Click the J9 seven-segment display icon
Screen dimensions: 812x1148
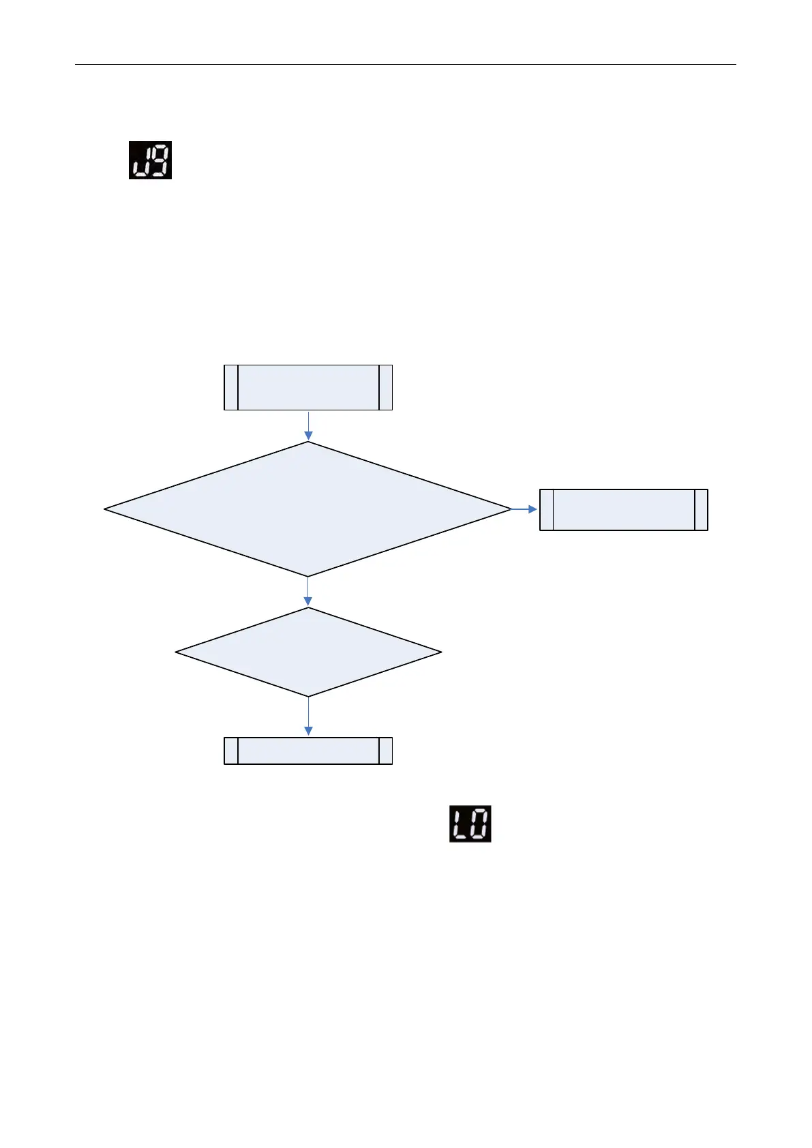coord(150,160)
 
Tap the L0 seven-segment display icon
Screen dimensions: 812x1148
coord(470,824)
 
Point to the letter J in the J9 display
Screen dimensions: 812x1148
coord(140,161)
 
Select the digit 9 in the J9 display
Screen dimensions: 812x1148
coord(160,160)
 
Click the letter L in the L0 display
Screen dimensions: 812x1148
coord(460,824)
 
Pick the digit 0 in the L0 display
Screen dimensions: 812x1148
coord(479,824)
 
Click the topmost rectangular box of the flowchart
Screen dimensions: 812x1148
coord(308,387)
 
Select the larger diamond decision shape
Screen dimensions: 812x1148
coord(308,509)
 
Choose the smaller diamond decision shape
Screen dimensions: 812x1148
coord(308,652)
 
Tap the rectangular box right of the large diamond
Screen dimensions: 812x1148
coord(623,509)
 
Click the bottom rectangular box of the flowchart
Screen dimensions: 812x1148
coord(308,751)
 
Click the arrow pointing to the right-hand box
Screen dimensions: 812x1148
coord(525,509)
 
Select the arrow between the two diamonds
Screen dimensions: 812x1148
coord(308,592)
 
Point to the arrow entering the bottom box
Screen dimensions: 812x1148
coord(308,716)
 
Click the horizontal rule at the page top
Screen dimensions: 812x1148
coord(405,65)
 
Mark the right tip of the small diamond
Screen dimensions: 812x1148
coord(439,652)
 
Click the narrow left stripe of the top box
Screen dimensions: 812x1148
coord(231,387)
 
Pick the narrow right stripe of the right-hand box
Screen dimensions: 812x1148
coord(701,509)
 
